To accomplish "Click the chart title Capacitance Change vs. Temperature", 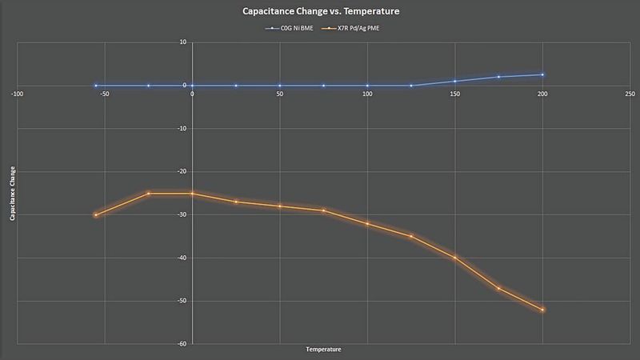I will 319,12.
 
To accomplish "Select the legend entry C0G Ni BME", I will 290,29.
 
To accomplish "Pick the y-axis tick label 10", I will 183,42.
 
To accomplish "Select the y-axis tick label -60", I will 182,344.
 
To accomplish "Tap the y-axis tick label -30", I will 182,214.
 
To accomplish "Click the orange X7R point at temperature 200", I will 542,310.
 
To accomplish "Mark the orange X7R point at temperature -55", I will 96,214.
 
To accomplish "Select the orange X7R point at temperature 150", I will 455,258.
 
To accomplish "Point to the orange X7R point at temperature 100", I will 367,223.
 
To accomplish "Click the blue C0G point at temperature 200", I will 542,74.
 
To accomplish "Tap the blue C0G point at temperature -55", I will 96,85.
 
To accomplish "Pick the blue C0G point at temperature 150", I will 455,81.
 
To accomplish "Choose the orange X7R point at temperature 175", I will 499,288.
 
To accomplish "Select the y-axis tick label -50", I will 182,301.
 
